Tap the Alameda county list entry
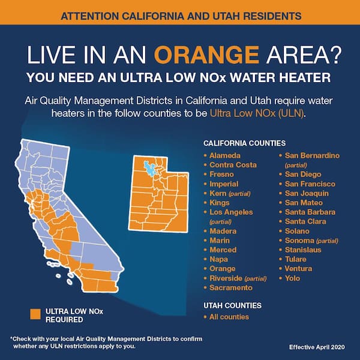(225, 155)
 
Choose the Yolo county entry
(292, 278)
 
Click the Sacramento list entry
(231, 287)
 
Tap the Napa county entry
(219, 259)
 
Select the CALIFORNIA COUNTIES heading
(244, 144)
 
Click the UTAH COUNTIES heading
(232, 305)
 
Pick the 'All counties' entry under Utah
(229, 316)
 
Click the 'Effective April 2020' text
(320, 346)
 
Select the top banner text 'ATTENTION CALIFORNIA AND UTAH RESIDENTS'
(180, 11)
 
